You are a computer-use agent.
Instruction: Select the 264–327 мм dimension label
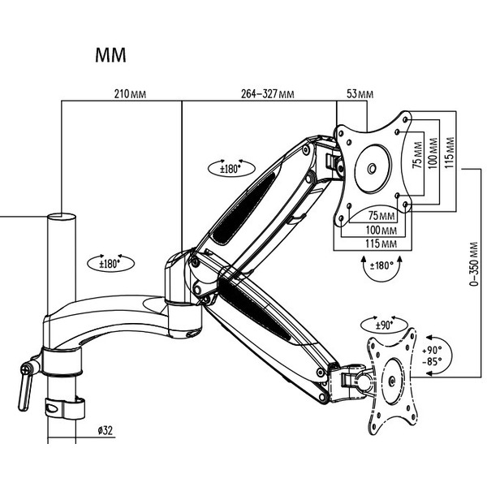click(x=268, y=95)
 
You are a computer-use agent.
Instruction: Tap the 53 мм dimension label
click(x=359, y=95)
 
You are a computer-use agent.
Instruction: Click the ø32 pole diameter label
click(x=103, y=430)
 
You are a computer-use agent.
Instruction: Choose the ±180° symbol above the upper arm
click(x=231, y=169)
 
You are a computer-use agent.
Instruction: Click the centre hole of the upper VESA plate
click(x=372, y=169)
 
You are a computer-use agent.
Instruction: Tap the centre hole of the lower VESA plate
click(x=391, y=379)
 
